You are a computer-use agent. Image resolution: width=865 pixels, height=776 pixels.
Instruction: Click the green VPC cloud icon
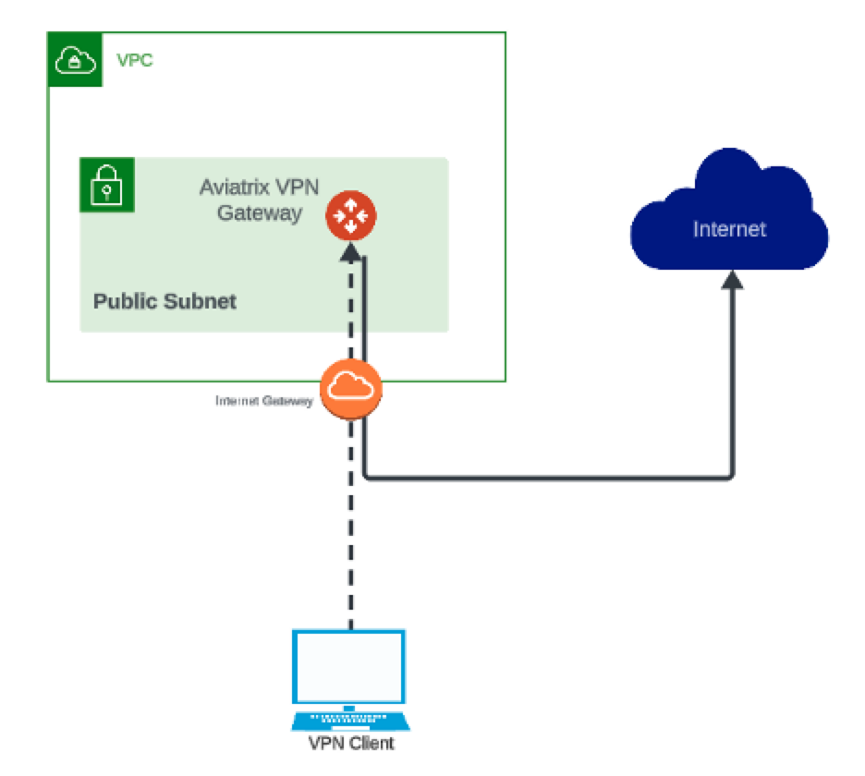tap(75, 60)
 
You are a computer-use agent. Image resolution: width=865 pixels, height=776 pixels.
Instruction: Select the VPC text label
tap(134, 61)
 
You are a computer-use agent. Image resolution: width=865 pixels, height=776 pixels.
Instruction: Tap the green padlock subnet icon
tap(107, 185)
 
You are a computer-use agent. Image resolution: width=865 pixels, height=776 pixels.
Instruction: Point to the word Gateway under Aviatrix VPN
tap(260, 212)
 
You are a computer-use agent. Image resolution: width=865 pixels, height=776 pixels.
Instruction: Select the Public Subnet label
tap(164, 301)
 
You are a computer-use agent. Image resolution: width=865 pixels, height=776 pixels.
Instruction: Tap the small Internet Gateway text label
tap(263, 401)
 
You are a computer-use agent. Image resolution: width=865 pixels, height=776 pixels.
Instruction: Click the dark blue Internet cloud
tap(729, 212)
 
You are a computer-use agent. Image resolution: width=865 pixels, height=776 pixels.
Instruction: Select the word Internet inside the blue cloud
tap(729, 229)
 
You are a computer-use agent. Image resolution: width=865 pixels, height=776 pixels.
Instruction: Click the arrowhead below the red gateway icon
tap(350, 252)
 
